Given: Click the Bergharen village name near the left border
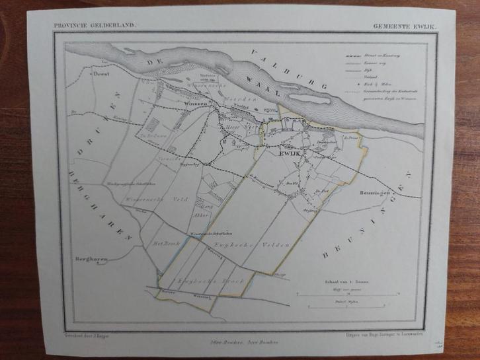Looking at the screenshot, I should click(x=92, y=258).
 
